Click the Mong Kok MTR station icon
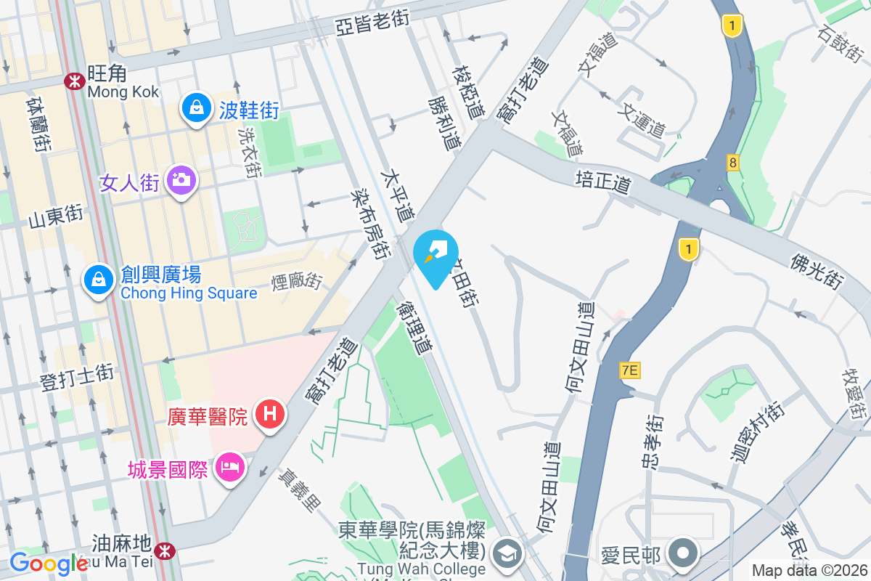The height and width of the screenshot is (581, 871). (73, 81)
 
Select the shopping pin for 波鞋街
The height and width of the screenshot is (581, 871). (196, 107)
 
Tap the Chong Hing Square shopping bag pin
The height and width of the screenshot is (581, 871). (97, 279)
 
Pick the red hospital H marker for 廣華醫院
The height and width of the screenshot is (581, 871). (270, 415)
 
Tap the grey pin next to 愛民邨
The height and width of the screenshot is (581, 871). (683, 553)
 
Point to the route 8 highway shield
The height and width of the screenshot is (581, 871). (733, 163)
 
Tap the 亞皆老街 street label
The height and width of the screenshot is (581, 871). (372, 23)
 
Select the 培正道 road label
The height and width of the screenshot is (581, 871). (602, 181)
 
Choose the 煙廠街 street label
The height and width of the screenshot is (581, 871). (297, 280)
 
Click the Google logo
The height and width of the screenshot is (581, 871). (48, 564)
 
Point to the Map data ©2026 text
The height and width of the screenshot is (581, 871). (809, 570)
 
